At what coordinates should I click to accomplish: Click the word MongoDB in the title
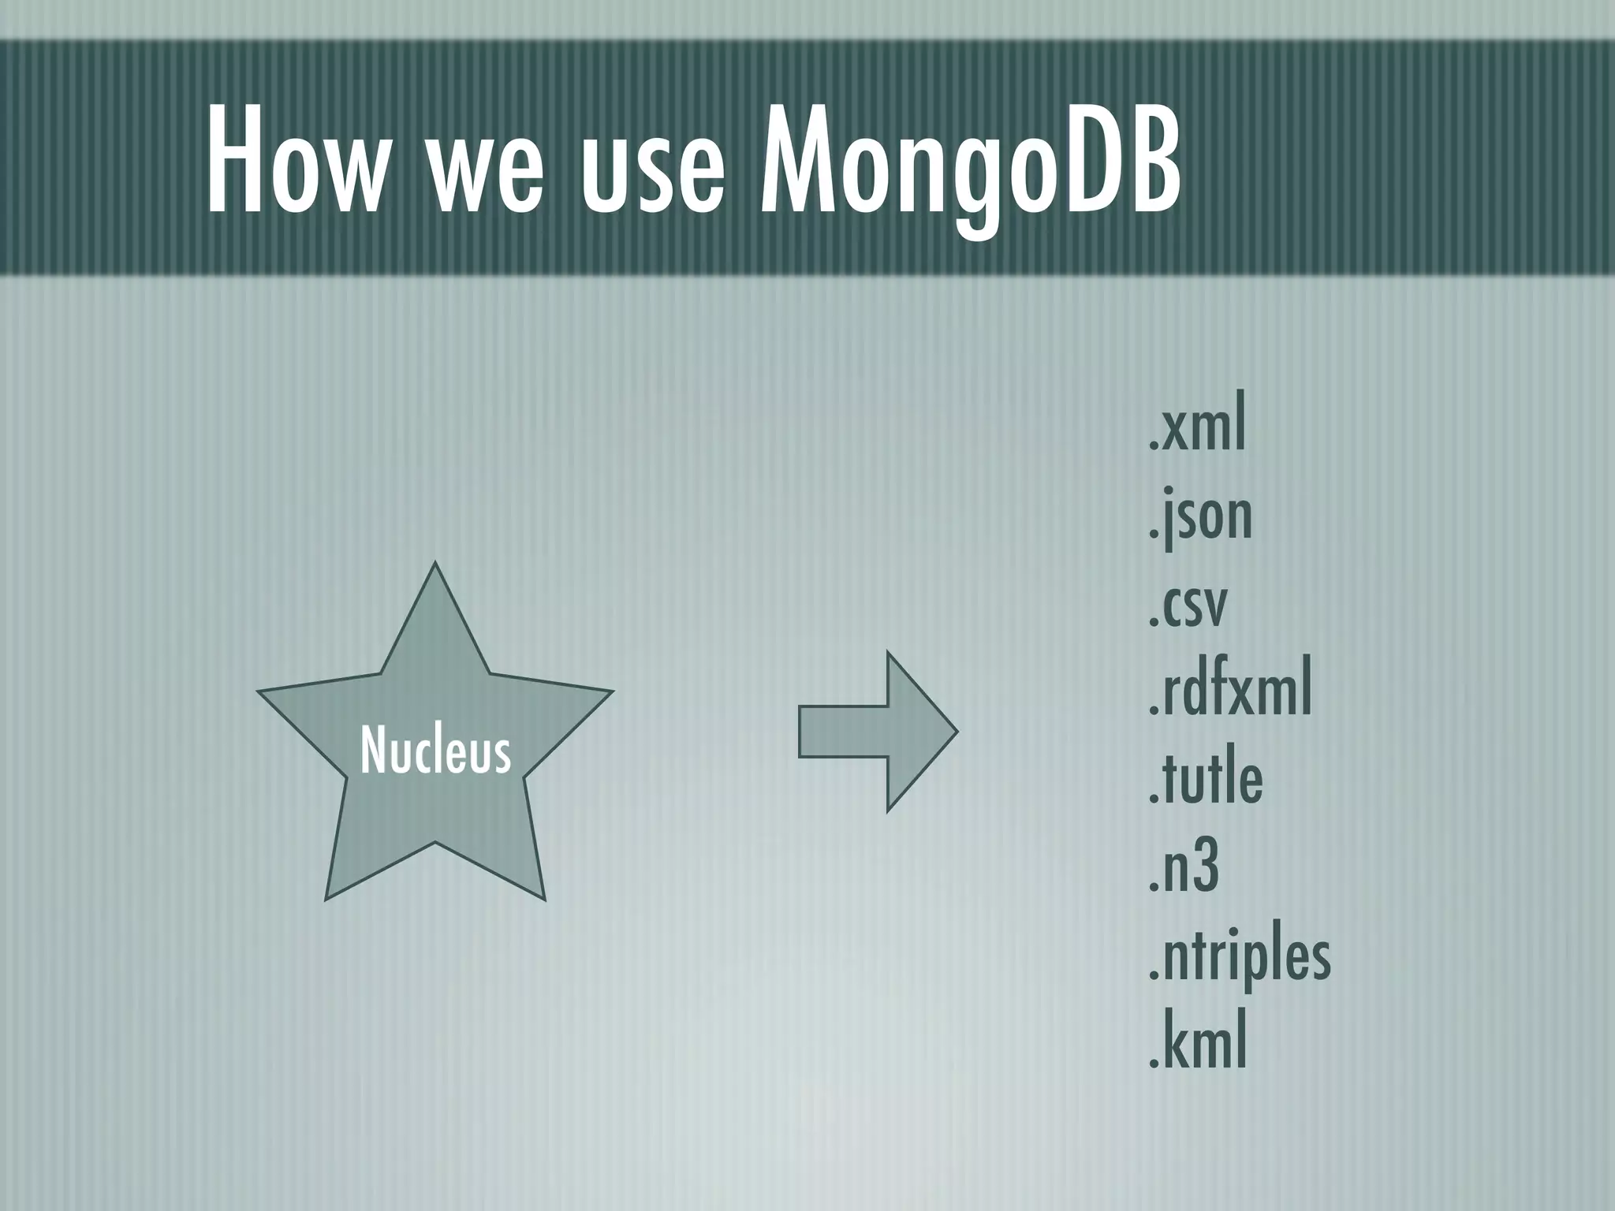[x=970, y=161]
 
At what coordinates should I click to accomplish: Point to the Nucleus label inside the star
[x=435, y=751]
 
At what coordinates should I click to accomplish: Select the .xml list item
[x=1197, y=429]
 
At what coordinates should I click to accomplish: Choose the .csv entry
[x=1188, y=605]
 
